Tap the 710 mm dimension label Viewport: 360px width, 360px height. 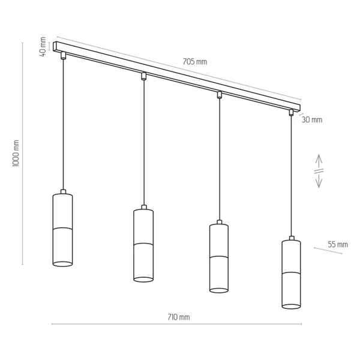click(x=179, y=317)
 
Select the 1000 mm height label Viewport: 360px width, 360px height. click(x=16, y=154)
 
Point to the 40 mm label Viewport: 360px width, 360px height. click(x=43, y=46)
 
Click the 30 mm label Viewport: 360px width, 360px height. click(x=311, y=119)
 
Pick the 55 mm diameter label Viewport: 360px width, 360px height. click(x=338, y=244)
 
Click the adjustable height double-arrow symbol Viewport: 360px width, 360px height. click(x=319, y=171)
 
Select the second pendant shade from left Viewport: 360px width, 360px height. click(x=143, y=244)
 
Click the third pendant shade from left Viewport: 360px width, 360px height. click(x=219, y=257)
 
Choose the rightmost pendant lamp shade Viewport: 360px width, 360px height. click(x=291, y=273)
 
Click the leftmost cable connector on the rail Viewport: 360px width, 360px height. click(x=62, y=56)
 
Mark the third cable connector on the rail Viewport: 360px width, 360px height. click(x=219, y=94)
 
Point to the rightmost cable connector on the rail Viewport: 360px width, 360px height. click(x=291, y=112)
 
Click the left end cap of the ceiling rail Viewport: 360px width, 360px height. click(x=55, y=46)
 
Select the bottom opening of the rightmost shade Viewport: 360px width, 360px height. click(x=291, y=306)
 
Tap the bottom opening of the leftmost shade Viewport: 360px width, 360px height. click(x=62, y=263)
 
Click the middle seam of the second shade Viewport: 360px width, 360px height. click(x=143, y=245)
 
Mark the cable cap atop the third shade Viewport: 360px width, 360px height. click(x=219, y=223)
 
